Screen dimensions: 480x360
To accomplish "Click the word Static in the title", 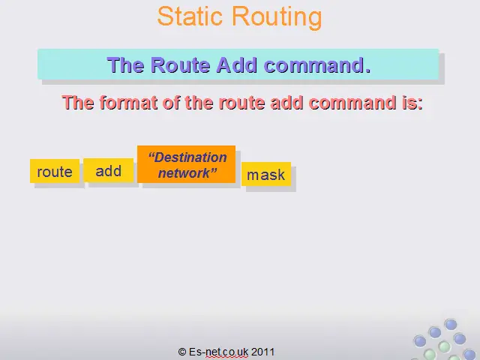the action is point(190,16).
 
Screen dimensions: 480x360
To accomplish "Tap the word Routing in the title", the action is point(277,18).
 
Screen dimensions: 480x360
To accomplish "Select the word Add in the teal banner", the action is point(237,65).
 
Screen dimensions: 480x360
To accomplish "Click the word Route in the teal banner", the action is point(181,65).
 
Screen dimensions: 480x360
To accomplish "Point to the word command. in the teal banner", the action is point(317,65).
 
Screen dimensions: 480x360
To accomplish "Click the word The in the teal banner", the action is point(125,65).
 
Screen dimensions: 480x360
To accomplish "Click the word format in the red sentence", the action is point(128,102).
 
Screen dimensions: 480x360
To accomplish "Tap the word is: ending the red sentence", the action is point(412,102).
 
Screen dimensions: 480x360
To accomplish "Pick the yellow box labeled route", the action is point(55,171).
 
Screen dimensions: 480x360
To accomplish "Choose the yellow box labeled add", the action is point(108,170).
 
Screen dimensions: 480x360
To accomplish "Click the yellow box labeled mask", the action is point(266,174).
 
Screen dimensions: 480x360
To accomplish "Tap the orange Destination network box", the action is point(187,164).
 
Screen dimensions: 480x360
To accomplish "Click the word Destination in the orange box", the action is point(190,157).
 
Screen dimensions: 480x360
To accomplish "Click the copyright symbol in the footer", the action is point(181,352).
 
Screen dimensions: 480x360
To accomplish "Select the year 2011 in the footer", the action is point(262,352).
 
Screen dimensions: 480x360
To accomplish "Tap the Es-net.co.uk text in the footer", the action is point(218,352).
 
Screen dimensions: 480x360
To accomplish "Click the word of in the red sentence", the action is point(172,102).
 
